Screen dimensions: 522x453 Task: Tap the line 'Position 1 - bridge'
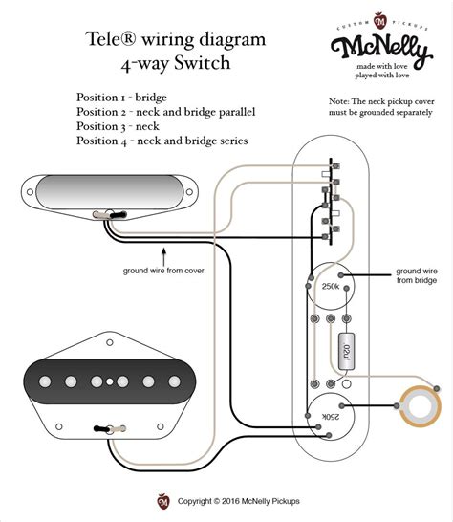[x=124, y=98]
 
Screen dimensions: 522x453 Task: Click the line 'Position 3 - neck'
[x=119, y=126]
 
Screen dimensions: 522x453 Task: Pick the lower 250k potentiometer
[x=330, y=415]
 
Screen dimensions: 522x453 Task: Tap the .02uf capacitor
[x=346, y=351]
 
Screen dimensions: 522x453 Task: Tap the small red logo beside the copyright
[x=162, y=500]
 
